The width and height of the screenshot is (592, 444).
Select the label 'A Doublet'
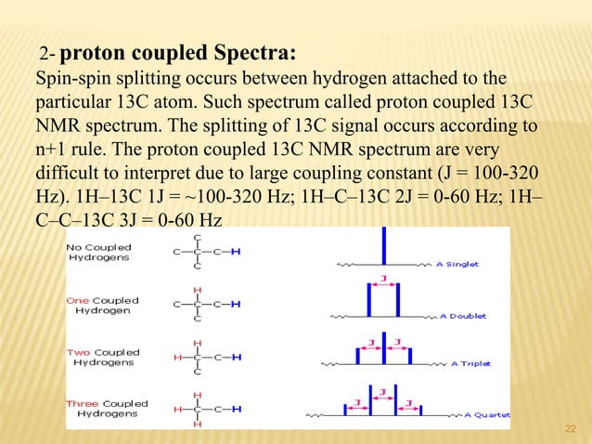coord(462,316)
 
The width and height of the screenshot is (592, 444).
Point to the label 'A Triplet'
coord(470,363)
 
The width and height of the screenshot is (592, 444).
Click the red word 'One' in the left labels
coord(79,300)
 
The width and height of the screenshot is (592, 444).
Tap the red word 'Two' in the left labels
coord(80,352)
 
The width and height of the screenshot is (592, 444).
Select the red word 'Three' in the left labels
coord(83,403)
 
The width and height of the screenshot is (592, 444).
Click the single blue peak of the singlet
coord(384,247)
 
